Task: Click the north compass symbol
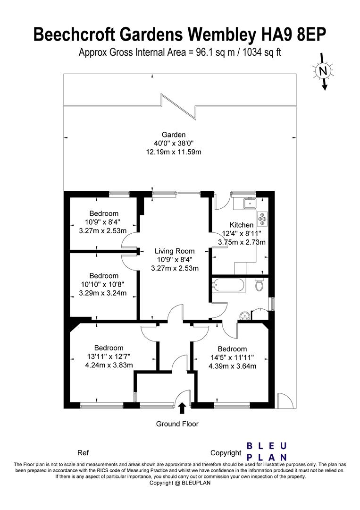323,71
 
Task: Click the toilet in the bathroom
259,285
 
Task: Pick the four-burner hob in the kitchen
262,219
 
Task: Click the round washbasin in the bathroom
244,315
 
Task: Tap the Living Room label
175,251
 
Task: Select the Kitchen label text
242,225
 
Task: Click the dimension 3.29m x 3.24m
104,293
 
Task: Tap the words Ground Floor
177,424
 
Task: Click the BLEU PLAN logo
267,451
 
